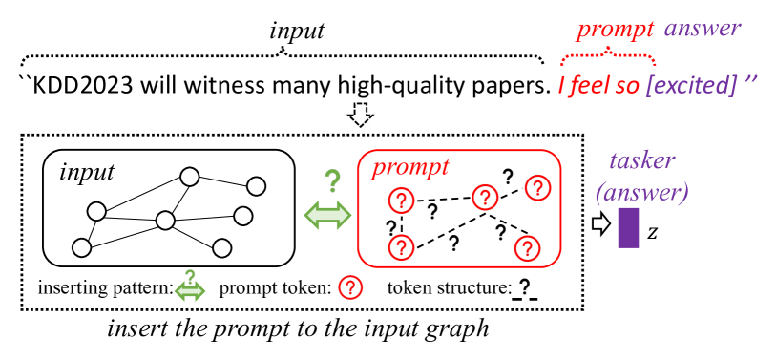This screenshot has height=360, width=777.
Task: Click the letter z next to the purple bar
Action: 653,232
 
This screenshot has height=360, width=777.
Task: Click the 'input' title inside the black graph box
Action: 87,172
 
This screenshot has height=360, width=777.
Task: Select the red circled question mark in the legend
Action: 352,286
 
